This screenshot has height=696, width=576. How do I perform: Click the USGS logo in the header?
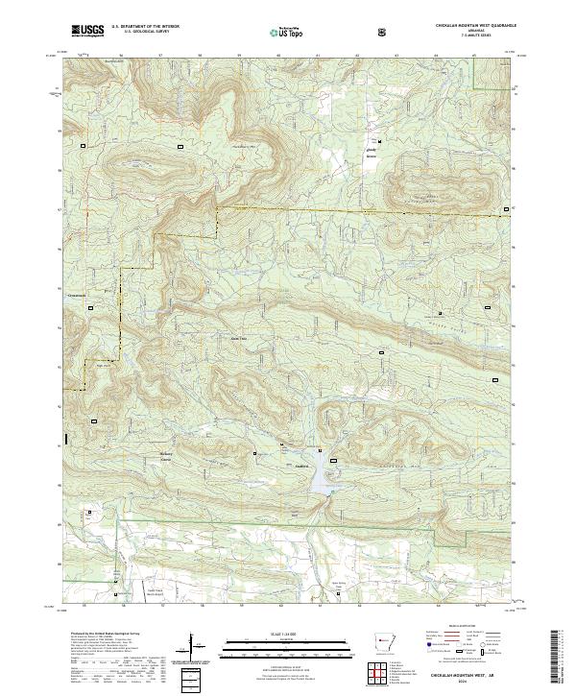pyautogui.click(x=87, y=32)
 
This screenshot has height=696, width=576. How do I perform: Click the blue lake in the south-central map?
pyautogui.click(x=319, y=471)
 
